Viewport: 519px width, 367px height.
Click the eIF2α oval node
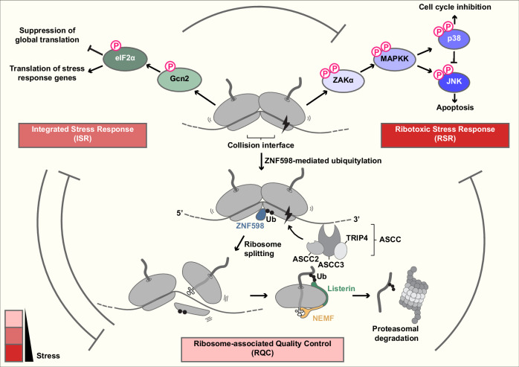(x=125, y=59)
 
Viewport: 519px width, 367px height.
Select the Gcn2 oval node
(x=179, y=80)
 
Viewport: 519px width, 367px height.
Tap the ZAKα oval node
(x=344, y=80)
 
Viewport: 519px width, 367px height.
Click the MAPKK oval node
(x=396, y=59)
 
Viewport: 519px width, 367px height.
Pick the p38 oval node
(x=454, y=39)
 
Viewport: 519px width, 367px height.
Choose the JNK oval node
(x=454, y=82)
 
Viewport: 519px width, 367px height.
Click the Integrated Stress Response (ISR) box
(x=83, y=135)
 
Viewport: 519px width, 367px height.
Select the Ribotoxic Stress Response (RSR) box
(x=445, y=135)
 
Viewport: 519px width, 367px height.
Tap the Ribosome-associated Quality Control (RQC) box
(x=262, y=349)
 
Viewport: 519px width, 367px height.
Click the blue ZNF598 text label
(x=250, y=226)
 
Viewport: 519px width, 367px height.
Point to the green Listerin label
(x=341, y=288)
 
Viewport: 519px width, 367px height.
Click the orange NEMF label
(x=323, y=319)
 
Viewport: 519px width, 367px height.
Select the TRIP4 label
(x=357, y=238)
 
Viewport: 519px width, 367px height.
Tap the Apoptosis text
(x=455, y=107)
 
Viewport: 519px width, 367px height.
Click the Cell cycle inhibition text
(x=455, y=7)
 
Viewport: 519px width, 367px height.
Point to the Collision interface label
(x=261, y=145)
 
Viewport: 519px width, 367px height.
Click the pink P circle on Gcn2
(x=170, y=66)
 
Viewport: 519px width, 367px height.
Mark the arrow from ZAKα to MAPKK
(x=367, y=68)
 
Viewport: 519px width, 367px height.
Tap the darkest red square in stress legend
(x=14, y=353)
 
